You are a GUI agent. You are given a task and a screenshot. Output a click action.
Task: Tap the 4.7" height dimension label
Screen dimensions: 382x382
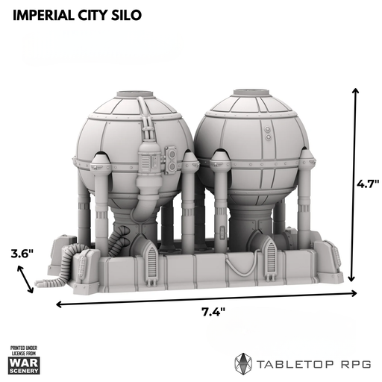point(368,184)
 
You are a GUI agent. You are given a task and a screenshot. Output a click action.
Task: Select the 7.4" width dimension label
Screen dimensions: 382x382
point(213,312)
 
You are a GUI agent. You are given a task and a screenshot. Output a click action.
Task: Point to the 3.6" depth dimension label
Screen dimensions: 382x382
point(22,254)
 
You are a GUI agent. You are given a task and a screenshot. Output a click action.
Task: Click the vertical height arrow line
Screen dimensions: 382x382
point(353,184)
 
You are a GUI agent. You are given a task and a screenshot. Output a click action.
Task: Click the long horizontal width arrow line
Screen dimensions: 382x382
point(207,298)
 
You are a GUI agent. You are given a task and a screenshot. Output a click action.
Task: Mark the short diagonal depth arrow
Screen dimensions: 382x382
point(25,279)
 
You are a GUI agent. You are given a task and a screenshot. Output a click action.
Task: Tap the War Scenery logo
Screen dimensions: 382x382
point(24,360)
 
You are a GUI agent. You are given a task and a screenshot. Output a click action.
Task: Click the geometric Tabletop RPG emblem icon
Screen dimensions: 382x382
point(243,365)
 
